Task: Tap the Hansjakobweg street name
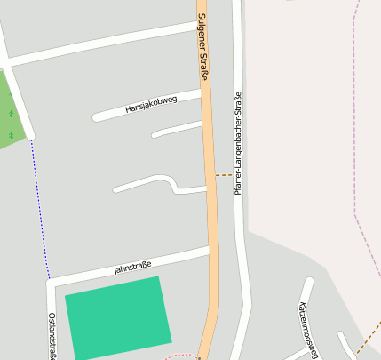coord(151,104)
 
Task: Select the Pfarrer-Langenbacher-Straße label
coord(238,143)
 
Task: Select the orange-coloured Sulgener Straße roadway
coord(211,222)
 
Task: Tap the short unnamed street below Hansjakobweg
coord(178,130)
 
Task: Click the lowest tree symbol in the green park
coord(11,135)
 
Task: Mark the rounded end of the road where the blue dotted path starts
coord(30,136)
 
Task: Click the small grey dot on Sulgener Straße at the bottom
coord(199,357)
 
